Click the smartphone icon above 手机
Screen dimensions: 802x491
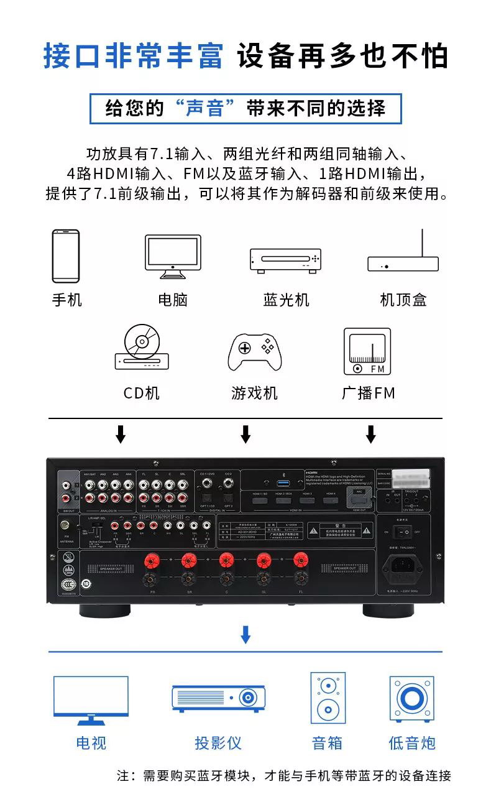pyautogui.click(x=65, y=256)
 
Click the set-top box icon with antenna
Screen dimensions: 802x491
pyautogui.click(x=403, y=255)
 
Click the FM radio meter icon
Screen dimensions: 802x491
pyautogui.click(x=367, y=352)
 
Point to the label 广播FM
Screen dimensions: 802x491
pyautogui.click(x=368, y=393)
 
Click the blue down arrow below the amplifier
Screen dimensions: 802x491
pyautogui.click(x=245, y=634)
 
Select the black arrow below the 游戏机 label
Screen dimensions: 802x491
pyautogui.click(x=245, y=434)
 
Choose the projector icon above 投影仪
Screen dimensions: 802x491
pyautogui.click(x=216, y=699)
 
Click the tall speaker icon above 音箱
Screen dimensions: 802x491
pyautogui.click(x=328, y=698)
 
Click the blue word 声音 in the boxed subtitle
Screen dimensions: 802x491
pyautogui.click(x=204, y=108)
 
